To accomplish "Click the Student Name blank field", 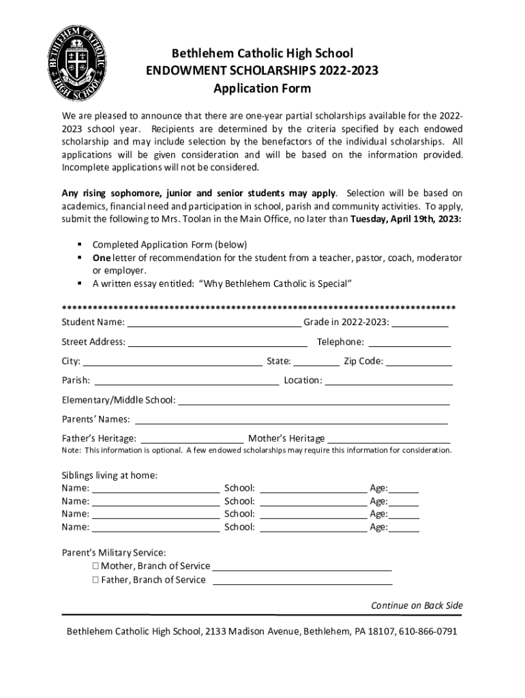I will [214, 322].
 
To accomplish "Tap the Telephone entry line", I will [410, 342].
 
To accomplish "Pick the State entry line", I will [316, 361].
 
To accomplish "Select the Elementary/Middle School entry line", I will [314, 399].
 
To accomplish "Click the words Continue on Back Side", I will [417, 605].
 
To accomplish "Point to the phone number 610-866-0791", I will [428, 631].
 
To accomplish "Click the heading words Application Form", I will [262, 89].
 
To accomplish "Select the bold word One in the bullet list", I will [101, 258].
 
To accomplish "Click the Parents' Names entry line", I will [291, 419].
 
